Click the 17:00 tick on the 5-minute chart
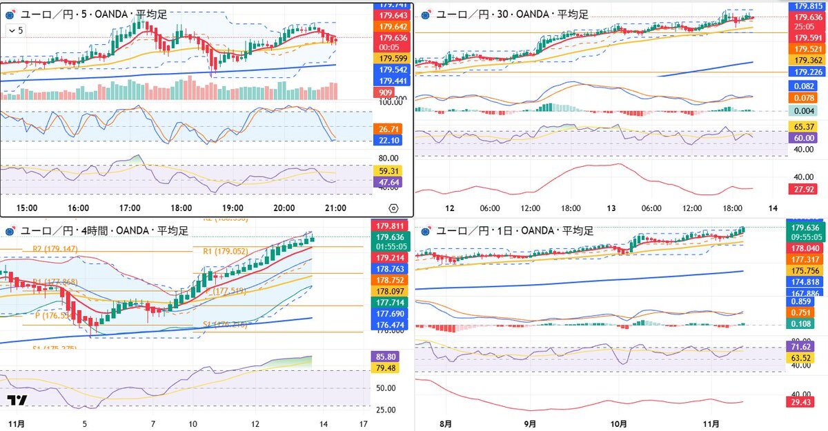(130, 207)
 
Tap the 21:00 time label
(335, 207)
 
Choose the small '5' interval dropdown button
(15, 30)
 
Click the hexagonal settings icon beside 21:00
(393, 208)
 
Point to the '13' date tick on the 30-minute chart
(611, 208)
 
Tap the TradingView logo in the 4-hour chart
(17, 401)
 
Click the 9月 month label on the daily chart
(530, 423)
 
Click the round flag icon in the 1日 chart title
(426, 231)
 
